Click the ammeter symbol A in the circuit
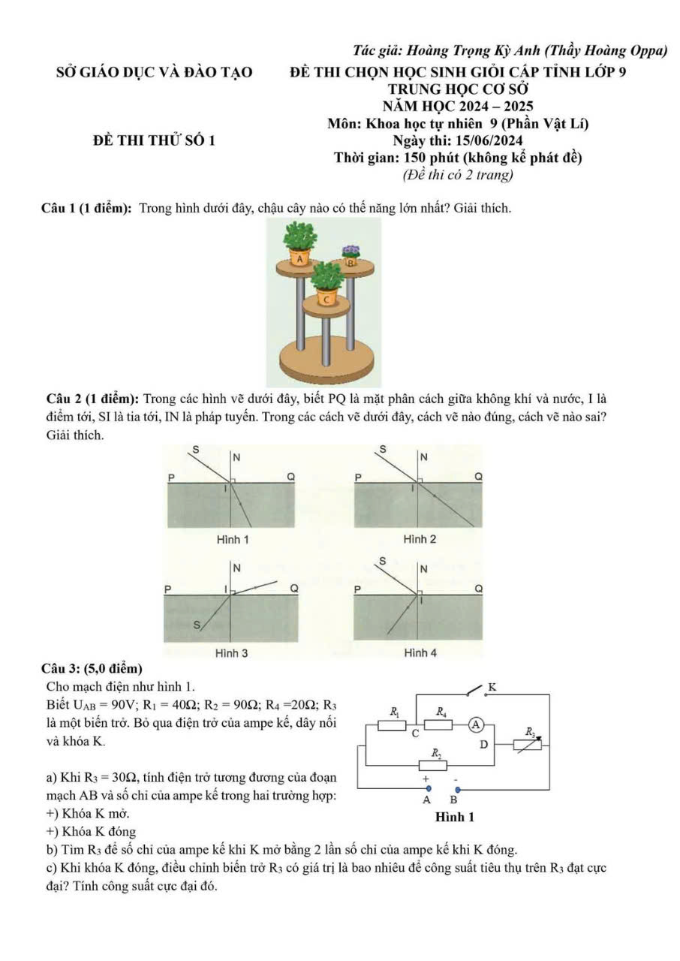tap(476, 725)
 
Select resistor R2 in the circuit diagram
tap(435, 764)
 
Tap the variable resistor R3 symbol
tap(527, 746)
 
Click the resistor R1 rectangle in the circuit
tap(390, 725)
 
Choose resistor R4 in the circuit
tap(438, 725)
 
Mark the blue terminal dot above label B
tap(458, 789)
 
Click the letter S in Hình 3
tap(197, 625)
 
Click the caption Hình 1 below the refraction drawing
tap(232, 539)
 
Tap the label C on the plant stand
tap(326, 299)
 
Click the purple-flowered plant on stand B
tap(351, 252)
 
